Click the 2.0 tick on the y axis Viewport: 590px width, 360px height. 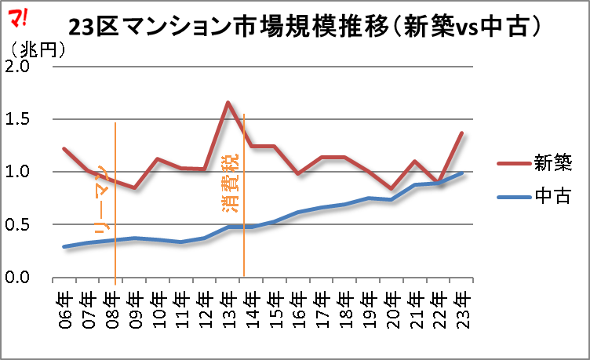click(x=18, y=67)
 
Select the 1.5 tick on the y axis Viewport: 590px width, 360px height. click(x=18, y=119)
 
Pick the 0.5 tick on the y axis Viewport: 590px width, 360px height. click(x=18, y=225)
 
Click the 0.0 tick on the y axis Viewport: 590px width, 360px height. click(x=18, y=278)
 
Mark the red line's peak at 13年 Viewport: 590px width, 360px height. click(x=228, y=103)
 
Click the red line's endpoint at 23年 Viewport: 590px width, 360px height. click(x=462, y=133)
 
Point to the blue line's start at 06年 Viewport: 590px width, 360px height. click(x=64, y=247)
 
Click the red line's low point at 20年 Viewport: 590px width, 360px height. click(x=392, y=188)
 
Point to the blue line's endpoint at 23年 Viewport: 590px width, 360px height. click(x=462, y=173)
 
